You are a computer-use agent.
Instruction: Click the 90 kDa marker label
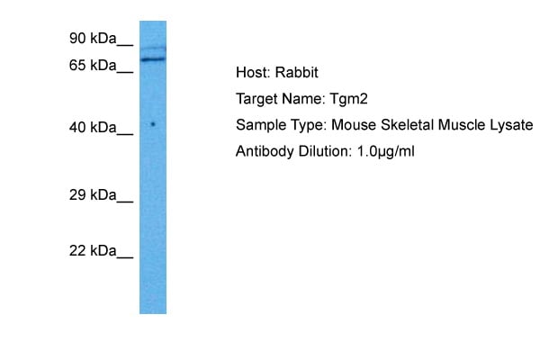93,38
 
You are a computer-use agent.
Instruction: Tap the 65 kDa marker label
93,65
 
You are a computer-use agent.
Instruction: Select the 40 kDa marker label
93,128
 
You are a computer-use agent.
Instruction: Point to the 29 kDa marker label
93,195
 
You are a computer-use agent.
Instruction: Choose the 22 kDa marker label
93,251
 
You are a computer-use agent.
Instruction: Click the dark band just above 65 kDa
153,59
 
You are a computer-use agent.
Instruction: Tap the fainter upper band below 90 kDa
153,49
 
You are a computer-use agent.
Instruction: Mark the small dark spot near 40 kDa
153,124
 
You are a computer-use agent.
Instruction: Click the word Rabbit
296,72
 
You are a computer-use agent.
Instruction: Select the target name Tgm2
349,99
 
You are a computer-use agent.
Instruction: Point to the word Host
254,72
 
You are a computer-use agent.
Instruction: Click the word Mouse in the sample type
354,125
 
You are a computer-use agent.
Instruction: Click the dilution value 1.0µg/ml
386,151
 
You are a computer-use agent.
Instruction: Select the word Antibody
265,151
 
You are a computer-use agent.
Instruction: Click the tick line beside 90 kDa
125,45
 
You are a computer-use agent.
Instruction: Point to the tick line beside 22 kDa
125,257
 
